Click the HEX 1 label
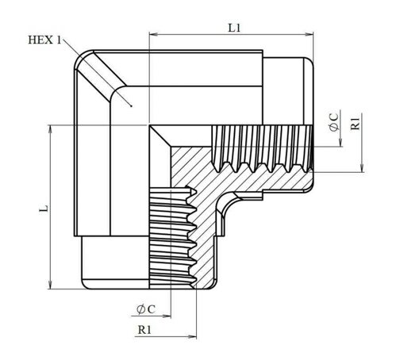(x=44, y=40)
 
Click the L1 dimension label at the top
(x=234, y=28)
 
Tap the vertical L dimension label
(x=44, y=208)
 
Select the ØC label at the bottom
(x=146, y=309)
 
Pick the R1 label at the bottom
(x=144, y=330)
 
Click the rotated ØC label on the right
(x=334, y=122)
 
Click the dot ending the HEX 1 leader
(x=131, y=106)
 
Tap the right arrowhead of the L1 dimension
(x=309, y=34)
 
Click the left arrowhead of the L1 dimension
(x=153, y=34)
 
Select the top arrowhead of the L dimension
(x=50, y=129)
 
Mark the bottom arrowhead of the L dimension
(x=50, y=285)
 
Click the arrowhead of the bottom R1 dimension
(x=192, y=337)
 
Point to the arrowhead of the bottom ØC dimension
(x=167, y=316)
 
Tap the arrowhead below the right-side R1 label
(x=363, y=167)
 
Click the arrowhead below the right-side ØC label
(x=340, y=142)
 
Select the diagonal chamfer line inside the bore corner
(x=160, y=136)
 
